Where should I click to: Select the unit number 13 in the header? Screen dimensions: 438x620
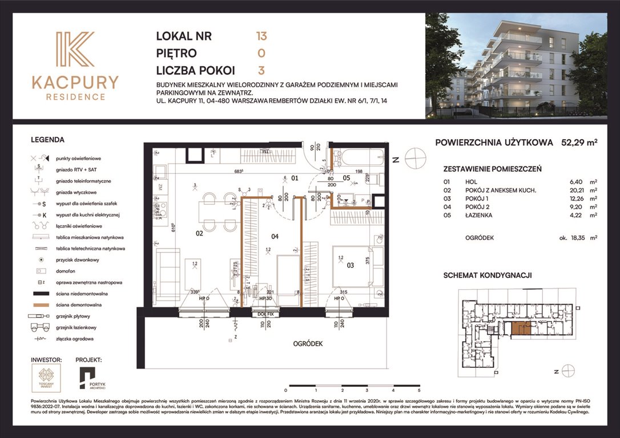(261, 36)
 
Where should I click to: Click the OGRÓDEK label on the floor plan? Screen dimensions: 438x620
(308, 344)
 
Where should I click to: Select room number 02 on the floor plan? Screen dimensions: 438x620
(200, 233)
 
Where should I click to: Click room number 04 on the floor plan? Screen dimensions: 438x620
(275, 236)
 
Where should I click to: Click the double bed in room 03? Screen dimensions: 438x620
(353, 265)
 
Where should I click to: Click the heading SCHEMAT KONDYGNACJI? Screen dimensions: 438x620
(488, 275)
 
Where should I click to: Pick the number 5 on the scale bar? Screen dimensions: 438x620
(419, 391)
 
